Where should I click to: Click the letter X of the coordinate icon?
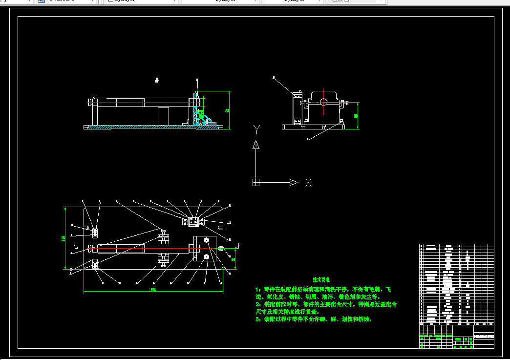309,183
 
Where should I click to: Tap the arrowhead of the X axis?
293,183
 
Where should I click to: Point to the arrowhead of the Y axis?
255,145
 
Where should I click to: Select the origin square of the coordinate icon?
255,183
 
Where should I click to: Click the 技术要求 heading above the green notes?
321,280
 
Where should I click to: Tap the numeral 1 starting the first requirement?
257,290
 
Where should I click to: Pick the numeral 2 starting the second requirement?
257,304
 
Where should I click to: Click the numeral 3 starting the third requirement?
257,319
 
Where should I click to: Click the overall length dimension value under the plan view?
153,290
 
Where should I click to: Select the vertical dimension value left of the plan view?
64,238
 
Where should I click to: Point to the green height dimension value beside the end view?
356,116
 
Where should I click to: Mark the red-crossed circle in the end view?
324,102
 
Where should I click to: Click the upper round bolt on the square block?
206,241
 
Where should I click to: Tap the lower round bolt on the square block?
206,257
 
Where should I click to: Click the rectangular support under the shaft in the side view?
163,116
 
